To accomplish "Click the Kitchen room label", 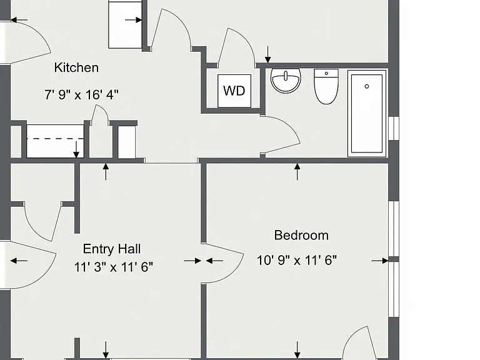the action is (76, 67).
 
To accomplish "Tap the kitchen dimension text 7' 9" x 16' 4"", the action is (81, 94).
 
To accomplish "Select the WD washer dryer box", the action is (234, 91).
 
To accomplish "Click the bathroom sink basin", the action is (286, 81).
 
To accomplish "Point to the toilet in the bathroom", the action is (326, 87).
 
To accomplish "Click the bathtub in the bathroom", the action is (367, 114).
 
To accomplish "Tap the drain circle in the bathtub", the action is (367, 87).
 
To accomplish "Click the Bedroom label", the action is (301, 236).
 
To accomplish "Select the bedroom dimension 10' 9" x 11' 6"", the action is (297, 261).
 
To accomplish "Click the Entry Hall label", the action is (112, 249).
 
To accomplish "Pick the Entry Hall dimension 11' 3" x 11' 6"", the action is (113, 267).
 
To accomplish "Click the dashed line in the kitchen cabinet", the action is (55, 139).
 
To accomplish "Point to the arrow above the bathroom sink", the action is (268, 54).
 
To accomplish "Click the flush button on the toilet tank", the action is (326, 74).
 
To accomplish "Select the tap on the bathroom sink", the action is (286, 75).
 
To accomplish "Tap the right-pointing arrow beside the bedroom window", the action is (380, 261).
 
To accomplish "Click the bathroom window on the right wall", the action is (394, 129).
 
